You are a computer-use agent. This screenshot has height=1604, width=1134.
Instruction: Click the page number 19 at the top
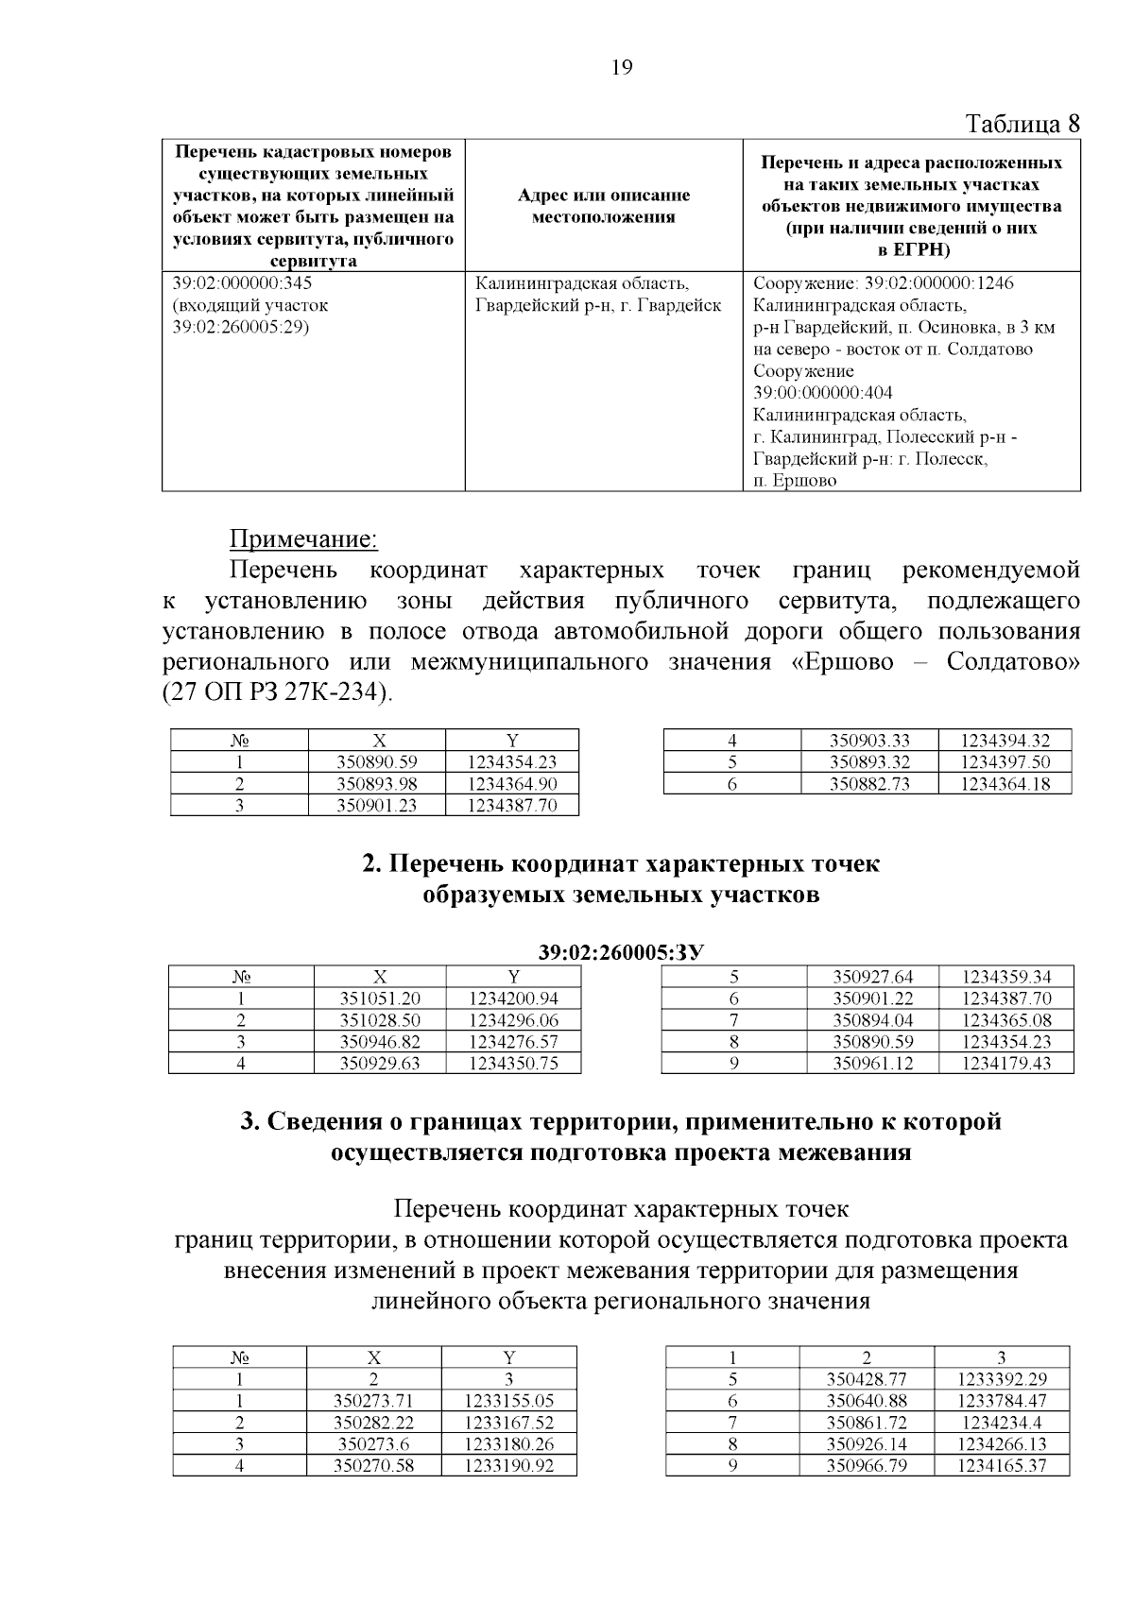click(x=622, y=67)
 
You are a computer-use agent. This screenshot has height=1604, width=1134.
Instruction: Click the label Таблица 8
click(x=1022, y=124)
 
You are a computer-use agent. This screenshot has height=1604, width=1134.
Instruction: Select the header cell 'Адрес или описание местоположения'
click(x=603, y=206)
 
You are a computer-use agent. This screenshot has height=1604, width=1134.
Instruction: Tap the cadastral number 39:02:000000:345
click(x=243, y=283)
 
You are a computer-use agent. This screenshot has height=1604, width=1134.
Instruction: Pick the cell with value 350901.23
click(x=377, y=805)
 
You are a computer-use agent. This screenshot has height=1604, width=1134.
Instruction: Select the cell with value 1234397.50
click(x=1005, y=762)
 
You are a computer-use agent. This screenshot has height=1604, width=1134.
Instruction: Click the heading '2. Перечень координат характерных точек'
click(x=621, y=864)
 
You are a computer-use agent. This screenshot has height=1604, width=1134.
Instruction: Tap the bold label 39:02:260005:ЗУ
click(x=621, y=952)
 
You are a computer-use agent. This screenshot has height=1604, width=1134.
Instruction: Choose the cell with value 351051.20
click(x=380, y=998)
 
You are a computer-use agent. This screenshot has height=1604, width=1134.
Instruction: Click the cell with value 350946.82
click(x=380, y=1042)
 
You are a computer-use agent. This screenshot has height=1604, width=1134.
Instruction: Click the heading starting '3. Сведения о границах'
click(x=621, y=1121)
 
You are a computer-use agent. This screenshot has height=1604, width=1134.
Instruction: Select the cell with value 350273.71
click(x=374, y=1401)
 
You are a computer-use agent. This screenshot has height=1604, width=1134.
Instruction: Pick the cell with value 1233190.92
click(x=508, y=1466)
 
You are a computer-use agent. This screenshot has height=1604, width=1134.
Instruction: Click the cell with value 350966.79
click(x=867, y=1466)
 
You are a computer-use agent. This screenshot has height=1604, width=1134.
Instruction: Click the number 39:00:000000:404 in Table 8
click(x=822, y=392)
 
